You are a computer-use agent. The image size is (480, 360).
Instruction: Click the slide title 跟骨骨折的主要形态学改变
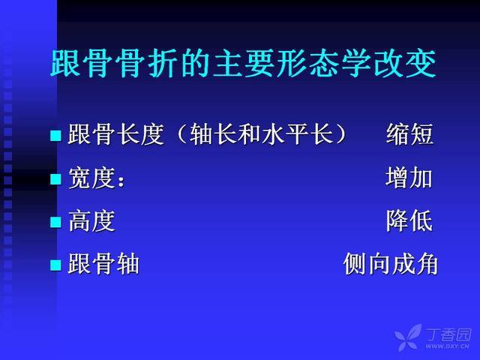click(243, 64)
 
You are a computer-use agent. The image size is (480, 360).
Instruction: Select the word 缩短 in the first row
click(409, 134)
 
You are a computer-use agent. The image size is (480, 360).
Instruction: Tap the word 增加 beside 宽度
click(409, 177)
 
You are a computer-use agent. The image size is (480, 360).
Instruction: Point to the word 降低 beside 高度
click(409, 220)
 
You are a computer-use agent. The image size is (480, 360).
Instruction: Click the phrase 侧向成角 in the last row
click(391, 263)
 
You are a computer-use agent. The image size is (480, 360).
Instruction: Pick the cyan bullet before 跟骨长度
click(55, 135)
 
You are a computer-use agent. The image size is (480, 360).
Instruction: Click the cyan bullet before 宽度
click(55, 178)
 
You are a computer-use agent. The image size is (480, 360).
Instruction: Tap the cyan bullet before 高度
click(55, 222)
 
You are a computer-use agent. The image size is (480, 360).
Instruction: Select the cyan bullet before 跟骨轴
click(55, 265)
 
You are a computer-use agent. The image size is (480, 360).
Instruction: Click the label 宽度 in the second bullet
click(91, 178)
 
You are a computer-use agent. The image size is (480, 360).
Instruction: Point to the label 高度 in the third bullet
click(91, 221)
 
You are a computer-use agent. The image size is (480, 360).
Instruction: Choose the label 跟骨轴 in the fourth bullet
click(103, 263)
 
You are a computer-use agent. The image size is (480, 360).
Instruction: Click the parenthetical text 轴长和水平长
click(261, 134)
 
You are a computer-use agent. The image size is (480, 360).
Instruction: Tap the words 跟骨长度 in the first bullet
click(115, 134)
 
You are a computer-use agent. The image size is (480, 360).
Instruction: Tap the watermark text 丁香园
click(448, 334)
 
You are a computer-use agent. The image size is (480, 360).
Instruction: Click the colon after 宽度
click(121, 181)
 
